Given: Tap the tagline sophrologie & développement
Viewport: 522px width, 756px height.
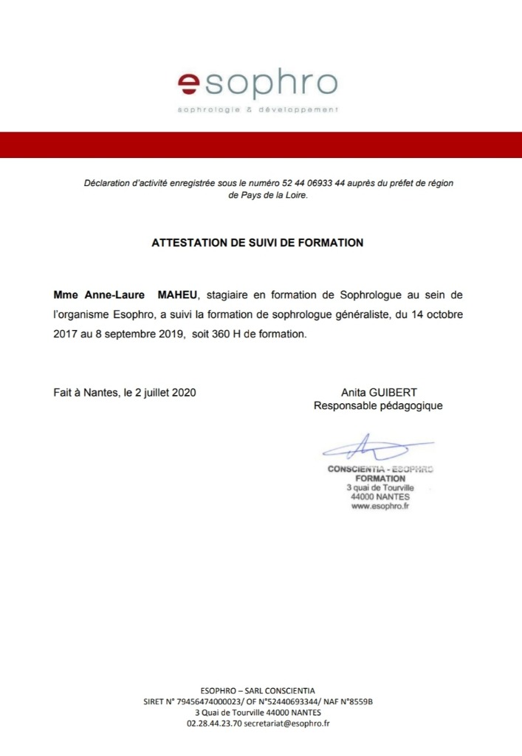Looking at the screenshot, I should [258, 109].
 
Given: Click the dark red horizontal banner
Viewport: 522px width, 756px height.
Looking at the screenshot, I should [261, 145].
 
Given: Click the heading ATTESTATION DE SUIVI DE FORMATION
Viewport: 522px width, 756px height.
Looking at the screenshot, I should [258, 242].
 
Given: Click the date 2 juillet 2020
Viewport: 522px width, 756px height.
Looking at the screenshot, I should [164, 392].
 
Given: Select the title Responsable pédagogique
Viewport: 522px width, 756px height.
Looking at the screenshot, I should [378, 405].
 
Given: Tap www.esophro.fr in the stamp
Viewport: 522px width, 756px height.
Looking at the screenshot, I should [380, 506].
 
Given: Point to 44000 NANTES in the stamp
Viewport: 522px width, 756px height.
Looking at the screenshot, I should [380, 497].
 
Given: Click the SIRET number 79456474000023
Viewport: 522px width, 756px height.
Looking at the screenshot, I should [208, 701].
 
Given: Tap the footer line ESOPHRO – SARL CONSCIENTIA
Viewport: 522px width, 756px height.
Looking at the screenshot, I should [258, 689].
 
